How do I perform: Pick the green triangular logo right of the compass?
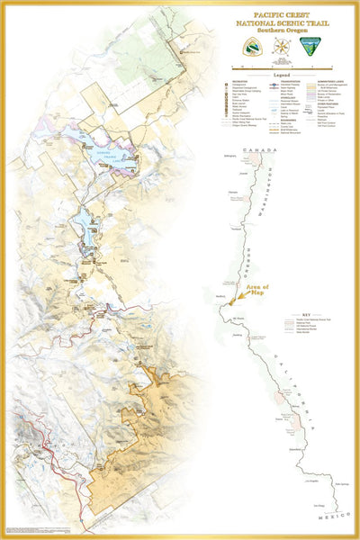(x=311, y=49)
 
